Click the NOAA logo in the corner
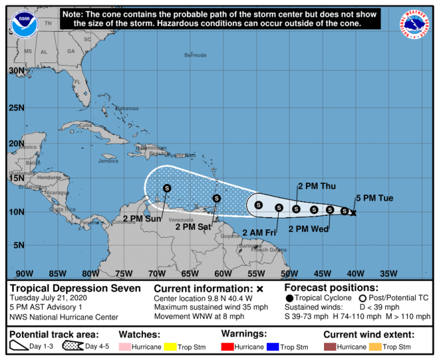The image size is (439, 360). coord(24,23)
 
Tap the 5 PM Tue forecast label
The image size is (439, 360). coord(375,198)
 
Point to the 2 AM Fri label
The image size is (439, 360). coord(258,232)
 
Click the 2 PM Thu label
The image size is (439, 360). coord(316,186)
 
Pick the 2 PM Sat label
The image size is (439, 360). coord(194,227)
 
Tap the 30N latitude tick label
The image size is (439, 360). coord(16,70)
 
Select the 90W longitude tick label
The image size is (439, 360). coord(24,273)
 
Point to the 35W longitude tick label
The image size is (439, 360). coord(388,273)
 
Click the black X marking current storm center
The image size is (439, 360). coord(353,212)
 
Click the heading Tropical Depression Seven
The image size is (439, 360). coord(75,288)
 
